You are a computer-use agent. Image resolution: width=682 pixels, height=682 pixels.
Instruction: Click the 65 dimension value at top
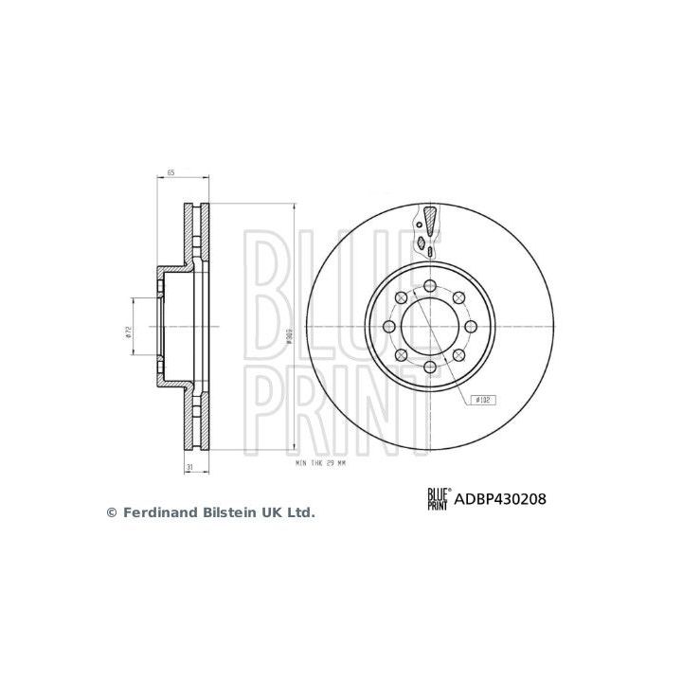coord(170,172)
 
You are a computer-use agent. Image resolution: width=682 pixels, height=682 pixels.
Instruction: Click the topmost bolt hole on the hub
coord(429,287)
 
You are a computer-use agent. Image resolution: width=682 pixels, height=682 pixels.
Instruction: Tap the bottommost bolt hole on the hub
coord(429,368)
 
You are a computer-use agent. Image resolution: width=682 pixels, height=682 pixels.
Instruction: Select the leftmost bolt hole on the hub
coord(389,328)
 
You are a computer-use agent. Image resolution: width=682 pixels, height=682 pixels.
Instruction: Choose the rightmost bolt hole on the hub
coord(469,328)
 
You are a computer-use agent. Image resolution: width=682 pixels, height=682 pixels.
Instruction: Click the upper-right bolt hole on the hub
coord(458,299)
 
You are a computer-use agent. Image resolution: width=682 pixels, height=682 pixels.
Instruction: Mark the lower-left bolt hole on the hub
coord(401,356)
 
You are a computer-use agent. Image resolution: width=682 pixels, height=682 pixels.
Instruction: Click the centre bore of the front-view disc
coord(429,328)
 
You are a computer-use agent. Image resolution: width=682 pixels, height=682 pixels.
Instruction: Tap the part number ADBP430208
coord(504,498)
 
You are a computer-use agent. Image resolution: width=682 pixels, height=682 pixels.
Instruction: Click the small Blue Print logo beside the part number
coord(438,499)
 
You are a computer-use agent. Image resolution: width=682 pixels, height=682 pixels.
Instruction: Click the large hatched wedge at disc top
coord(429,221)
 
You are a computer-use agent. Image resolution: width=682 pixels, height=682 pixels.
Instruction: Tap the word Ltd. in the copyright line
coord(300,512)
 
